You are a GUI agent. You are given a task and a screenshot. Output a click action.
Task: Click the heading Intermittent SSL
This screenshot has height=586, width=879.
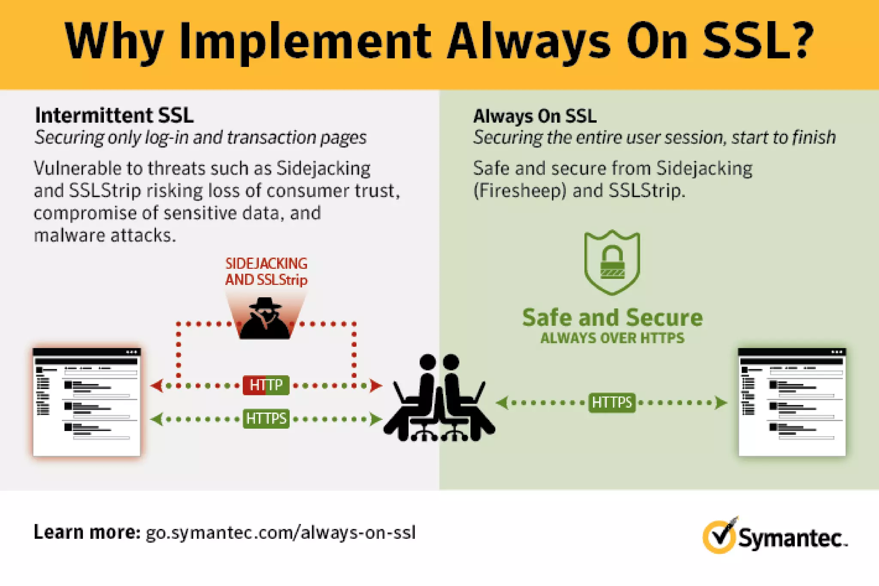(114, 115)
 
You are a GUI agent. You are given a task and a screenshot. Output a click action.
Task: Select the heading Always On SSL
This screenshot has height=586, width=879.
(534, 116)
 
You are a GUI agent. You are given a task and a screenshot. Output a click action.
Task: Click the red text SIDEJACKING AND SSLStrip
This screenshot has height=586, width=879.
(266, 271)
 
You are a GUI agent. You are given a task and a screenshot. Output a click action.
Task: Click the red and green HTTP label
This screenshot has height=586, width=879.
(266, 385)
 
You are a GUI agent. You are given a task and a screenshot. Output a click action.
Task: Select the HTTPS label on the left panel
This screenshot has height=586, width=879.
(266, 418)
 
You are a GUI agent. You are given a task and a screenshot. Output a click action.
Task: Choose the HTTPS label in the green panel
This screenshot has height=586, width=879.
(612, 403)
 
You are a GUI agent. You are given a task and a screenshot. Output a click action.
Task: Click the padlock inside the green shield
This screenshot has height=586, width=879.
(612, 262)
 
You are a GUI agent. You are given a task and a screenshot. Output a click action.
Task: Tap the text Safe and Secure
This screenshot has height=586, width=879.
(612, 318)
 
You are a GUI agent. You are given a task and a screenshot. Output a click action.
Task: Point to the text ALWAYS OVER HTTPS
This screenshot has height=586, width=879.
(612, 338)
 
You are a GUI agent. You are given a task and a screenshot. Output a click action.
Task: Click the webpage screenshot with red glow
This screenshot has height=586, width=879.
(87, 402)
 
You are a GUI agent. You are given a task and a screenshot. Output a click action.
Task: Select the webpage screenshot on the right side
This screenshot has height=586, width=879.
(792, 402)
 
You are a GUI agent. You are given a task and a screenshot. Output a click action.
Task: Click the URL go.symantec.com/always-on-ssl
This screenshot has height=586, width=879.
(281, 533)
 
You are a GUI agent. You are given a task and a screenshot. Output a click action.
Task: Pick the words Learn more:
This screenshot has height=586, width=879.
(87, 532)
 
